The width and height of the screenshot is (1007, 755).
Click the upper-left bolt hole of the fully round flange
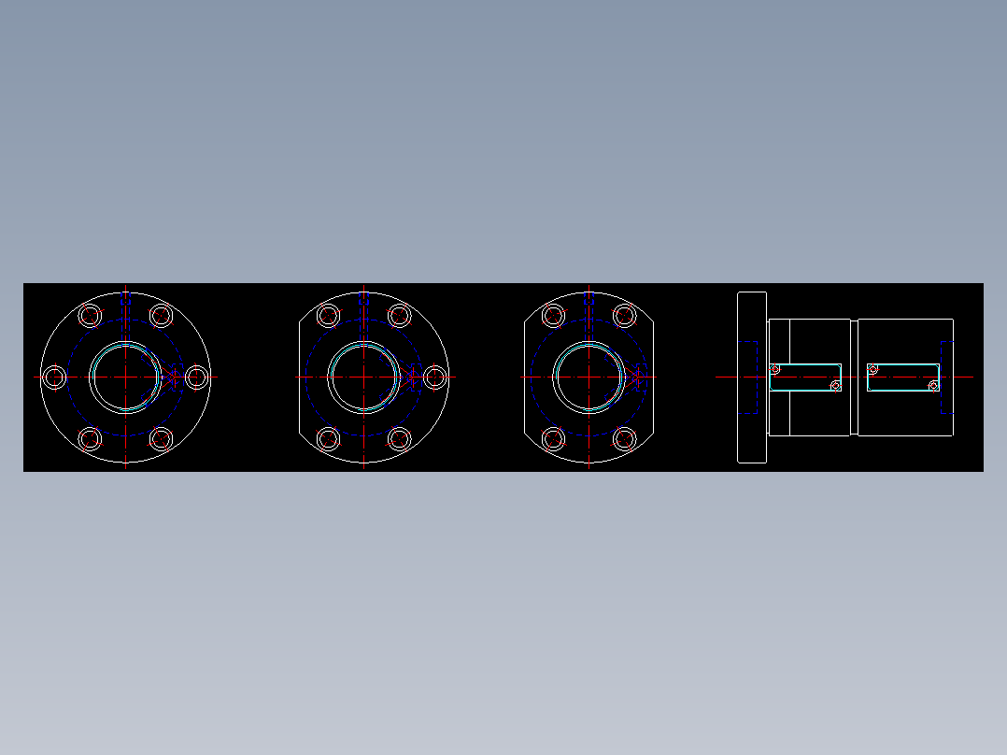(x=90, y=316)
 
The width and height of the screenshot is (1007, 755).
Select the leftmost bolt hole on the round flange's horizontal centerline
(x=55, y=377)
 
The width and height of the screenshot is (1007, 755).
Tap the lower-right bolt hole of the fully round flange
(x=162, y=438)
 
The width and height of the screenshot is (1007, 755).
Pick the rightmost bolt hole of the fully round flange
(x=196, y=377)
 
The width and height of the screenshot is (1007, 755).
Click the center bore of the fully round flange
(x=125, y=377)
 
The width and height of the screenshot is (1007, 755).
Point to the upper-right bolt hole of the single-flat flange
(x=400, y=316)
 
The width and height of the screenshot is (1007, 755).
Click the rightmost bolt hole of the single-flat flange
(x=434, y=377)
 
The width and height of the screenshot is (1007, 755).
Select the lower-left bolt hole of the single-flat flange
(x=328, y=438)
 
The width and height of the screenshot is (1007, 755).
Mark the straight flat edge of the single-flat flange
(x=299, y=377)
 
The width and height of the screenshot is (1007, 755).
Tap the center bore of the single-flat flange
(x=363, y=377)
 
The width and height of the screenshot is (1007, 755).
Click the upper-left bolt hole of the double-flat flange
(x=554, y=316)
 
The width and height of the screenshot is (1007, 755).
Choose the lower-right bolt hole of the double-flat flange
(x=625, y=438)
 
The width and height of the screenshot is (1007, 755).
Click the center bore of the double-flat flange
(x=589, y=377)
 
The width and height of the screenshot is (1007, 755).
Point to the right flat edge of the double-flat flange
(x=653, y=377)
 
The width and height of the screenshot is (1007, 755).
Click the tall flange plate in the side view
(x=752, y=377)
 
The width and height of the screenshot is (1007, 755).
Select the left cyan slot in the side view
(x=804, y=377)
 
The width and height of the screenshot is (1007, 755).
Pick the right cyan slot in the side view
(x=902, y=377)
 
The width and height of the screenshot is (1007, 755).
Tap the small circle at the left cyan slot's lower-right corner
(x=836, y=386)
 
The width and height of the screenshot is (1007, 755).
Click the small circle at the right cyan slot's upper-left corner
(x=872, y=369)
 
